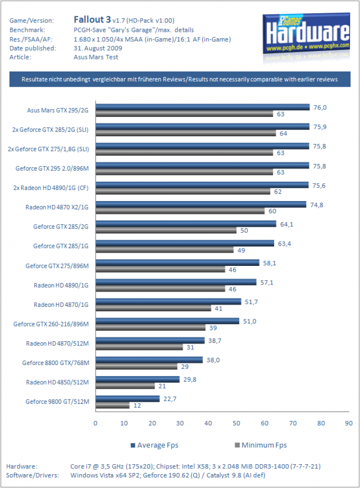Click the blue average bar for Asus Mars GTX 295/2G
coord(203,107)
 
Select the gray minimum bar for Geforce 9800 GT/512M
coord(113,405)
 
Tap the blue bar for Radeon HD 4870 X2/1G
coord(201,204)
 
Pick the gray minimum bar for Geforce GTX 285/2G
coord(166,230)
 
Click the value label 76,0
coord(320,108)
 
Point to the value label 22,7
coord(170,399)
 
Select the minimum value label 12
coord(137,406)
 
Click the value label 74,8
coord(317,205)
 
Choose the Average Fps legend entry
coord(154,445)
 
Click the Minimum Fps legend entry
coord(261,445)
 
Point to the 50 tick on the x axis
coord(237,423)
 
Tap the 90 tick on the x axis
coord(349,423)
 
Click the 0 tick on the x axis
coord(95,423)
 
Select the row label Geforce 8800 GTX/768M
coord(56,363)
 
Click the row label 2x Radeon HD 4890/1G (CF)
coord(51,188)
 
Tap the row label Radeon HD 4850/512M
coord(57,382)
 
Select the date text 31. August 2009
coord(98,48)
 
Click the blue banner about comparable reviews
coord(180,80)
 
